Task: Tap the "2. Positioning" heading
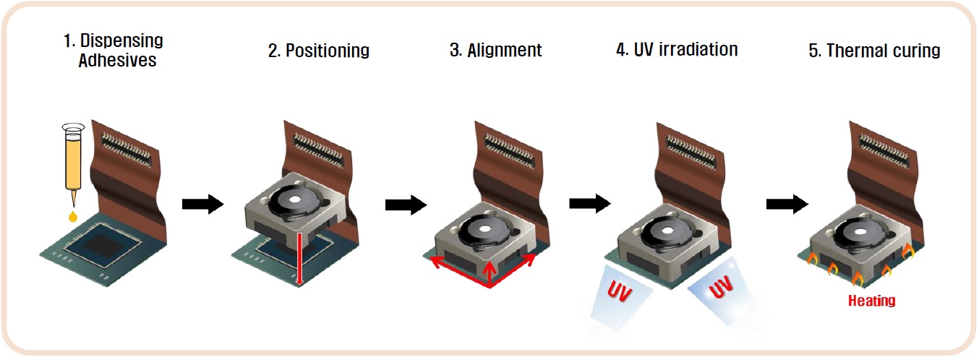click(319, 51)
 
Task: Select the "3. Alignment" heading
click(495, 51)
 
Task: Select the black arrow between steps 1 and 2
click(201, 205)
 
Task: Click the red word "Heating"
click(872, 300)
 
